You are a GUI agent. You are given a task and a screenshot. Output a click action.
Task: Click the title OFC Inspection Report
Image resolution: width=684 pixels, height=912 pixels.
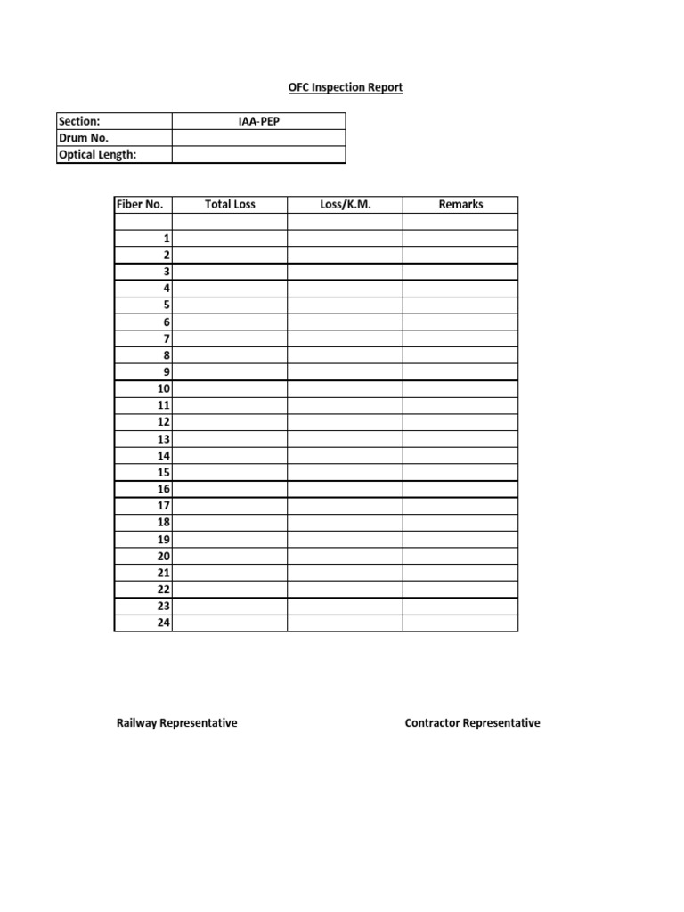pyautogui.click(x=345, y=87)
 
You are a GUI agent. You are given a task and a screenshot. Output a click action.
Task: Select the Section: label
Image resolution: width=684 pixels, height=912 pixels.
pyautogui.click(x=79, y=121)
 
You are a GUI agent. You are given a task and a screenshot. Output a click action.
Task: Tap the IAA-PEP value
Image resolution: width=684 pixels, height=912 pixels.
pyautogui.click(x=258, y=121)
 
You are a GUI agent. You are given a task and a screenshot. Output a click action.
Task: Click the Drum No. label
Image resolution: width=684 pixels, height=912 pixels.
pyautogui.click(x=83, y=138)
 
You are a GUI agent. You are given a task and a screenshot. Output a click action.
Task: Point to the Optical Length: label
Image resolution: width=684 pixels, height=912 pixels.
pyautogui.click(x=97, y=155)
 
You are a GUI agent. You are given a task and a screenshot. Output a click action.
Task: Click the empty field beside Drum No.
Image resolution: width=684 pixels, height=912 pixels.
pyautogui.click(x=258, y=138)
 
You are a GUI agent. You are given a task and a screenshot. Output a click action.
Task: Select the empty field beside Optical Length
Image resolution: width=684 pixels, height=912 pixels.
pyautogui.click(x=258, y=155)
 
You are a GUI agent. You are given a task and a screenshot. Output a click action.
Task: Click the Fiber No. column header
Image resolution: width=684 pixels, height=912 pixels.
pyautogui.click(x=141, y=204)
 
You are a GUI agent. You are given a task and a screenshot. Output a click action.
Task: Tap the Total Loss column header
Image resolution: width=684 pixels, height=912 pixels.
pyautogui.click(x=230, y=204)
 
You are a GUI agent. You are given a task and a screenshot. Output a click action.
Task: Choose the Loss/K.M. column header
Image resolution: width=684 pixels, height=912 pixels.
pyautogui.click(x=345, y=204)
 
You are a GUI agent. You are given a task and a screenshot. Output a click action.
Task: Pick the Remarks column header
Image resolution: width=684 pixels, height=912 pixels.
pyautogui.click(x=460, y=204)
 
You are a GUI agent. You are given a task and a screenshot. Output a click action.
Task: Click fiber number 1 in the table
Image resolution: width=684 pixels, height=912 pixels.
pyautogui.click(x=166, y=239)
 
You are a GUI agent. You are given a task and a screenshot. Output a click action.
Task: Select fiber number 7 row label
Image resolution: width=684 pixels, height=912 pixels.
pyautogui.click(x=166, y=338)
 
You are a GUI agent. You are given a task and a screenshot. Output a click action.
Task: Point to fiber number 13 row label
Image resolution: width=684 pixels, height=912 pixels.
pyautogui.click(x=163, y=439)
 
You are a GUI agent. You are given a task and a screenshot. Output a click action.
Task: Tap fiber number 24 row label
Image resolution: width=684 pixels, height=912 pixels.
pyautogui.click(x=163, y=623)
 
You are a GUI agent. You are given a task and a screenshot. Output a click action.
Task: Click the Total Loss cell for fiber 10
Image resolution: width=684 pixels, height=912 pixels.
pyautogui.click(x=230, y=389)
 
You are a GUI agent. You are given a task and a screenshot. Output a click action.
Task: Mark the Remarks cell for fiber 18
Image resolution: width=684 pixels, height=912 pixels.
pyautogui.click(x=460, y=523)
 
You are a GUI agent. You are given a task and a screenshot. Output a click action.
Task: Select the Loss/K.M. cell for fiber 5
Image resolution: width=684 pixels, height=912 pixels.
pyautogui.click(x=345, y=305)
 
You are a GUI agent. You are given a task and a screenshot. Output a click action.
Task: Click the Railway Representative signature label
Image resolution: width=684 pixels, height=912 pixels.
pyautogui.click(x=177, y=723)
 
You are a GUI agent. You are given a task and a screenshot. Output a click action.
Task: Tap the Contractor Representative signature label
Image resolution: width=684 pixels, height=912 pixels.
pyautogui.click(x=472, y=723)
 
